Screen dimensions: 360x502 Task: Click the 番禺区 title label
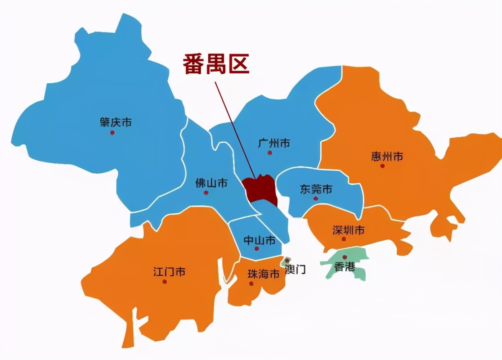tap(216, 64)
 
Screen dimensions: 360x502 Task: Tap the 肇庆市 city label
tap(116, 122)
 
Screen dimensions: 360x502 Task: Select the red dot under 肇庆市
tap(112, 133)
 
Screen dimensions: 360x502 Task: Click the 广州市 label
tap(274, 144)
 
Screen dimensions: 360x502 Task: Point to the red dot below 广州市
tap(270, 153)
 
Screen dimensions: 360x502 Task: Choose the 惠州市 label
tap(387, 157)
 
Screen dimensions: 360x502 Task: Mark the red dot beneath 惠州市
tap(382, 166)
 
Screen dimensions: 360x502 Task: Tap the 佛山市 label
tap(211, 183)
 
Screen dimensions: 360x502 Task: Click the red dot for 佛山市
tap(206, 193)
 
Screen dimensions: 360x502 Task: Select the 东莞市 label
tap(316, 189)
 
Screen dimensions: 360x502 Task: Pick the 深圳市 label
tap(348, 230)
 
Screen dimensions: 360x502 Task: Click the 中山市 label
tap(260, 240)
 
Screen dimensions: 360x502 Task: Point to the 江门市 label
tap(169, 272)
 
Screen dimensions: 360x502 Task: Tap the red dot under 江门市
tap(165, 282)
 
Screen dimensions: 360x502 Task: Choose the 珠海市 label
tap(264, 274)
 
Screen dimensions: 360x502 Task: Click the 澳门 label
tap(296, 270)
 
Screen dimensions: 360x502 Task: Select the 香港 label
tap(345, 267)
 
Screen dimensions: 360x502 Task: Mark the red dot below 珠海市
tap(251, 283)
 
